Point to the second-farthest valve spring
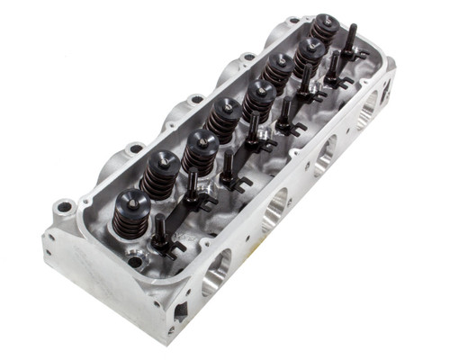309,57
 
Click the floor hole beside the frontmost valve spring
134,262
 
